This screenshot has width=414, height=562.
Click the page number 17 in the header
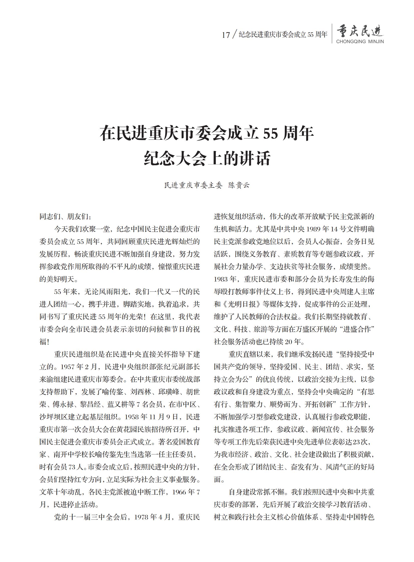(226, 35)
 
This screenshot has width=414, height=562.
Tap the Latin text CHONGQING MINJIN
(360, 42)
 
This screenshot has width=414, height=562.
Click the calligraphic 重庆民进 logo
(360, 31)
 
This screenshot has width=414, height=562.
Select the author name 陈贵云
(239, 186)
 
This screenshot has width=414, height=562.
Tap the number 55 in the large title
(271, 134)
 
